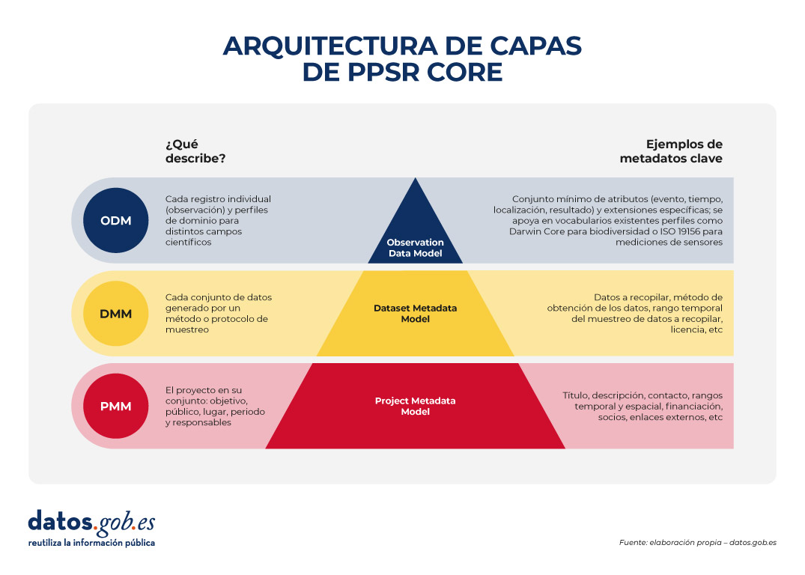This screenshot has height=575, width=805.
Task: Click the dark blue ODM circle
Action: [115, 220]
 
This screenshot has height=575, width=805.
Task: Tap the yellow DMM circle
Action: [115, 314]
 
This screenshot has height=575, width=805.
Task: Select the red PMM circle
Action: [115, 407]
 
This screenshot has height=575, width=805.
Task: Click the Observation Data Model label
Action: [415, 248]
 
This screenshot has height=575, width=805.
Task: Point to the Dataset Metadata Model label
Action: [415, 314]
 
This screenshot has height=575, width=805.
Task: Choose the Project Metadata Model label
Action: [415, 407]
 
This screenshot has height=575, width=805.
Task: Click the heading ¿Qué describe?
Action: [195, 151]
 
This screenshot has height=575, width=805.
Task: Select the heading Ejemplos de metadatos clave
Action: [671, 151]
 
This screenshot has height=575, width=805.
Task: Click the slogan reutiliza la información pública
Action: [91, 543]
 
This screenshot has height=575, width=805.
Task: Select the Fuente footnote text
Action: [697, 542]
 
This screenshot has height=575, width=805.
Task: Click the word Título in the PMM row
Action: [577, 395]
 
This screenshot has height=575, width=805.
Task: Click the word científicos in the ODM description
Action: [189, 243]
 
